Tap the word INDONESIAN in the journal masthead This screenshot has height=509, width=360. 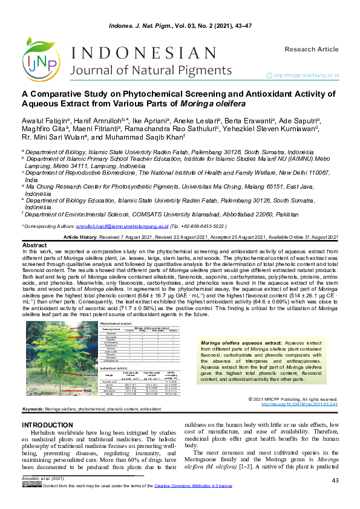pyautogui.click(x=137, y=53)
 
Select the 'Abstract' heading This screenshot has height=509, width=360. pyautogui.click(x=34, y=245)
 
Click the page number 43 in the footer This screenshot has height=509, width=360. pyautogui.click(x=335, y=497)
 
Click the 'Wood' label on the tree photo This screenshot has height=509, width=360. pyautogui.click(x=87, y=391)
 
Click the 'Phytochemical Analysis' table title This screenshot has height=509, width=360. pyautogui.click(x=120, y=324)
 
